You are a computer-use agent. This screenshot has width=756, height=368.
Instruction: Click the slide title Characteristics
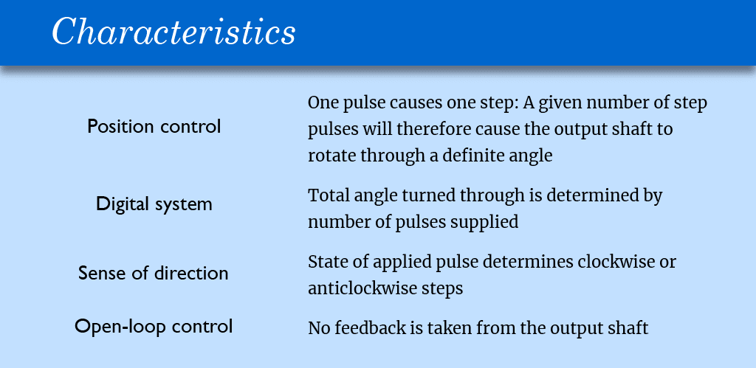(173, 32)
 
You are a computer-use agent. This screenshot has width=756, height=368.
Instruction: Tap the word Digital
(122, 204)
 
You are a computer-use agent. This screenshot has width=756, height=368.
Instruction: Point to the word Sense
(99, 273)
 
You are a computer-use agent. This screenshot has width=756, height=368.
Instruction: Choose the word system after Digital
(183, 205)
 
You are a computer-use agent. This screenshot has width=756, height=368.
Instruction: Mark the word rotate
(331, 156)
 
